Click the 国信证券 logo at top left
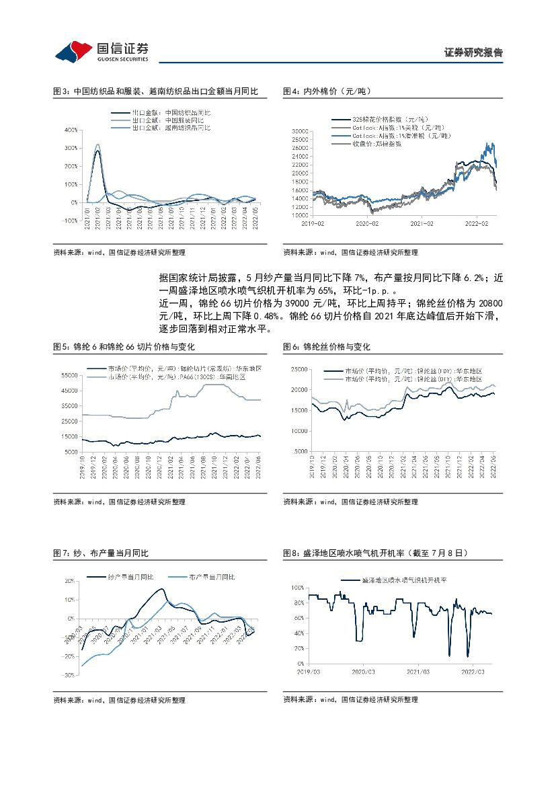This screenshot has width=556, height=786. coord(101,50)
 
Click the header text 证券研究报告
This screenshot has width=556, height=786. coord(473,53)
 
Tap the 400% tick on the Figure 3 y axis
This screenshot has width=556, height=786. coord(71,130)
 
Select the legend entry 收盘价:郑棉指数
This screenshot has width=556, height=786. coord(376,143)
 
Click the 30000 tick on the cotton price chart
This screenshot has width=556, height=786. coord(300,130)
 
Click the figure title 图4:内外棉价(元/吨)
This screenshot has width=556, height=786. coord(327,91)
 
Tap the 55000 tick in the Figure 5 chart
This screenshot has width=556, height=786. coord(70,375)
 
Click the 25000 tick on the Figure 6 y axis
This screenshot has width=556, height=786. coord(299,370)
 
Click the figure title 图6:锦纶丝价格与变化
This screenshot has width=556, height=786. coord(327,347)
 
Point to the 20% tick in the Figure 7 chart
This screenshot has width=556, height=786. coord(70,580)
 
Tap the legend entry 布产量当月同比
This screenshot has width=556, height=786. coord(212,577)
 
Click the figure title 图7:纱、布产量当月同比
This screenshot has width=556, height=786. coord(101,553)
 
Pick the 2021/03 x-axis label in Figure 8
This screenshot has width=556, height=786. coord(418,671)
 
